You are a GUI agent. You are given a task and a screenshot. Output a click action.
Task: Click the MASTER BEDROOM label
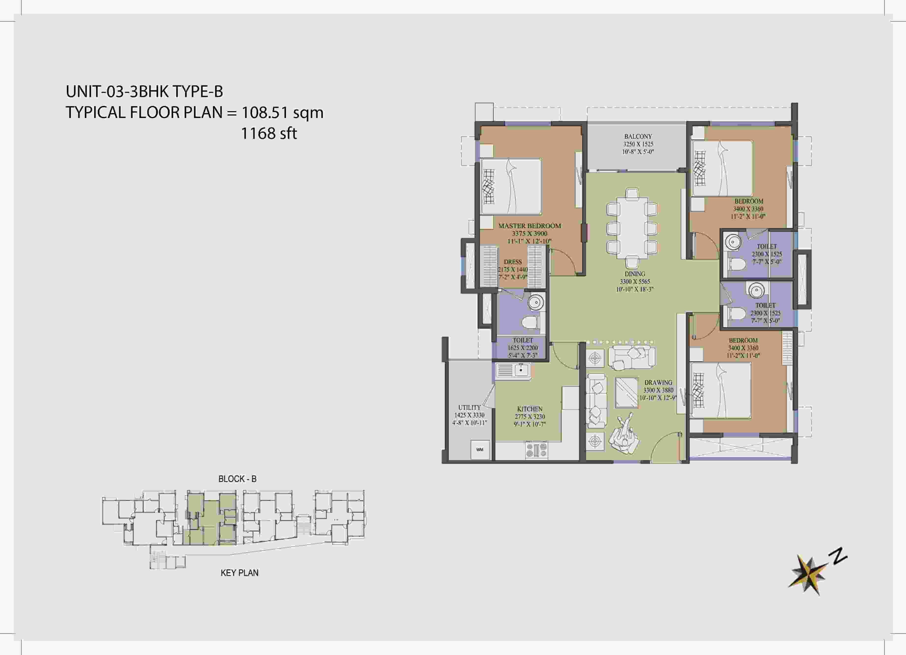529,226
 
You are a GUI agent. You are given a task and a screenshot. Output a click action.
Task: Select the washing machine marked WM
480,449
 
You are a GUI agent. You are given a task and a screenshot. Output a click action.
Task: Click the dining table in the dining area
632,228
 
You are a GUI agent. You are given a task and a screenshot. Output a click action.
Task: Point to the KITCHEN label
530,409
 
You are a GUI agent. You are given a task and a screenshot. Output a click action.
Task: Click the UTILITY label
469,408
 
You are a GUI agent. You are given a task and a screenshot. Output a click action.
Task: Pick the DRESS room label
513,262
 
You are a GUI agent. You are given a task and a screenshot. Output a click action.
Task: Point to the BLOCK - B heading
237,479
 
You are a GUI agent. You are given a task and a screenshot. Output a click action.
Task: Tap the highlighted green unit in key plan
211,519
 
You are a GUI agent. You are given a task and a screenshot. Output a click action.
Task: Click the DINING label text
635,274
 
